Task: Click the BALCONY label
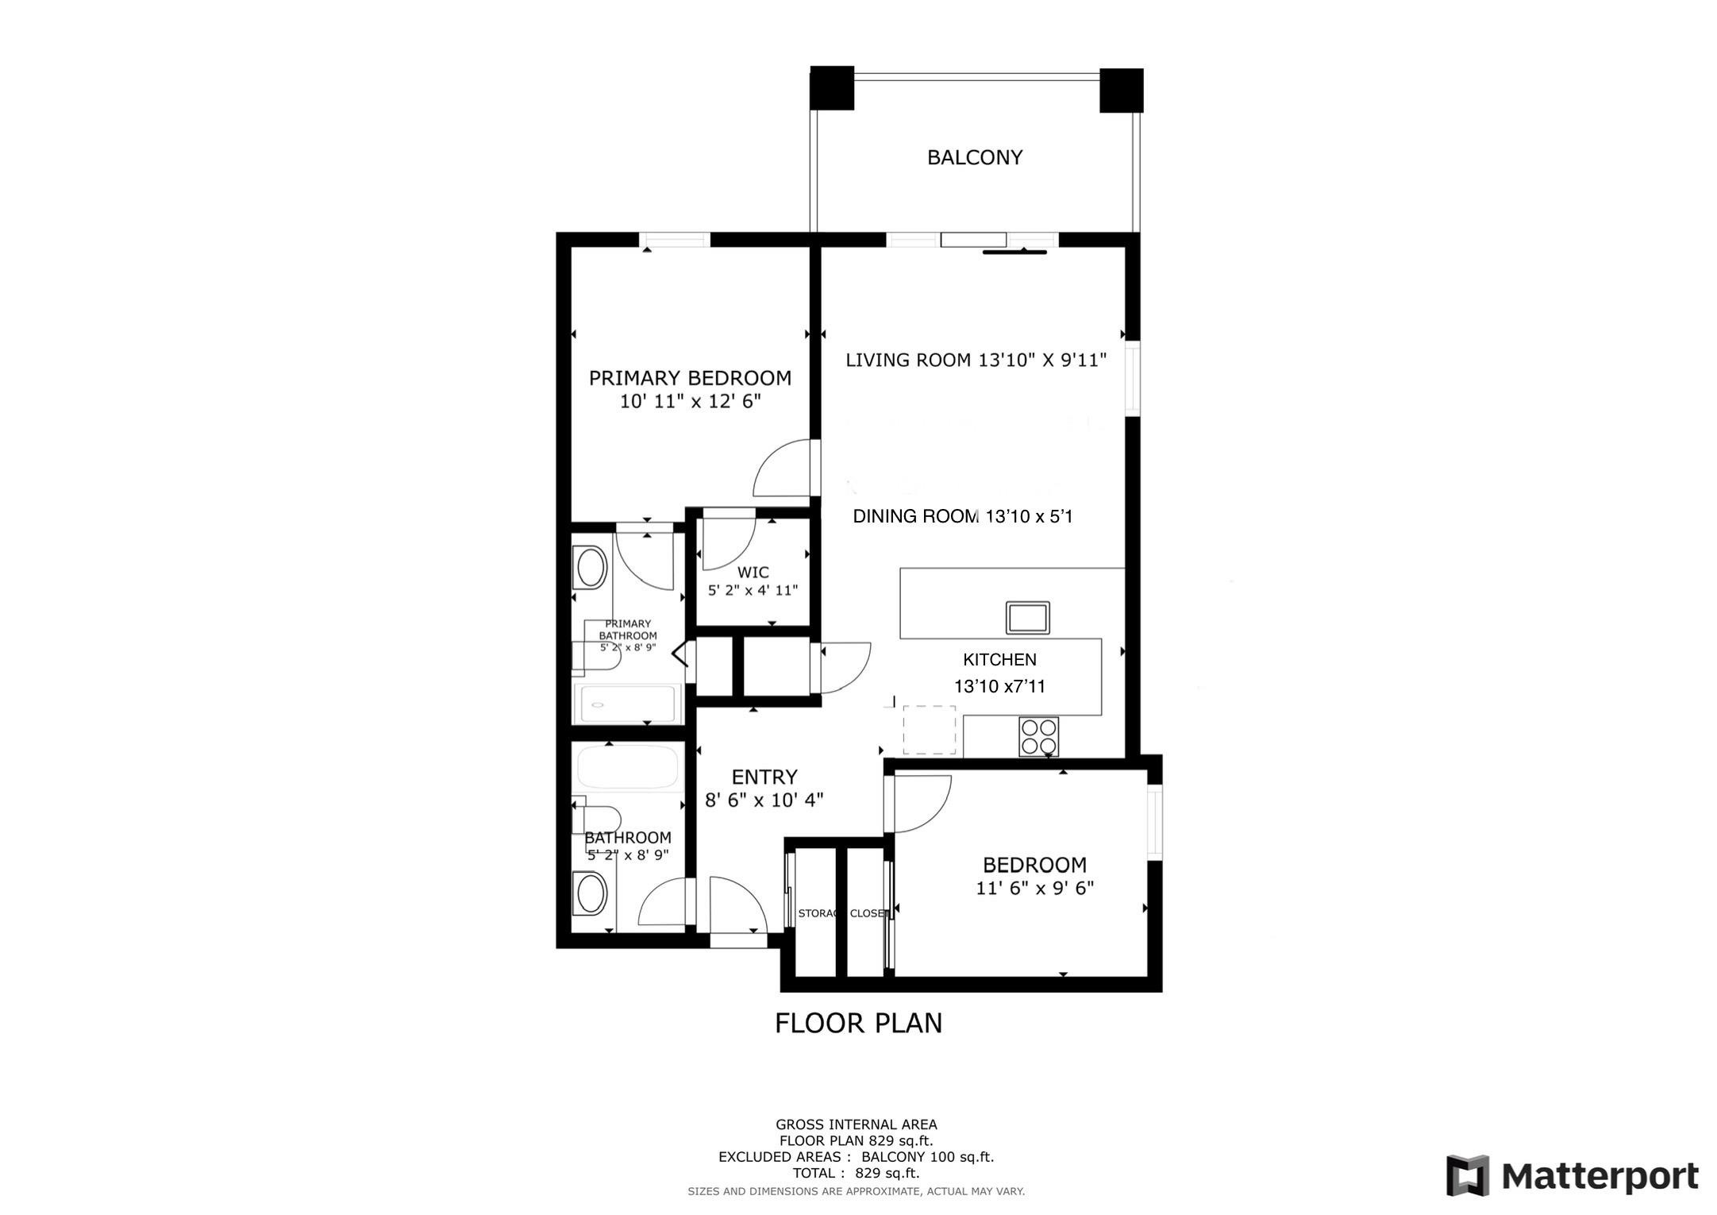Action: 974,157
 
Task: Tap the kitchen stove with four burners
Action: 1038,737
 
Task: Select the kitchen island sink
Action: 1027,617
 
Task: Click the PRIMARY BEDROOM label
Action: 690,378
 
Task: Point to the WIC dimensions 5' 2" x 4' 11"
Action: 753,591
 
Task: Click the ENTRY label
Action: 764,777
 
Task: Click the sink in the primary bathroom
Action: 591,568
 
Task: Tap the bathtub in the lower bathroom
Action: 628,767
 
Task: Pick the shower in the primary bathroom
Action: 628,703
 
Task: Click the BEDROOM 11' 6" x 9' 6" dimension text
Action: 1034,888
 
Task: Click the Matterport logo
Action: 1572,1176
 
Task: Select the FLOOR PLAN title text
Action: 858,1023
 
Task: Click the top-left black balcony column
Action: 831,88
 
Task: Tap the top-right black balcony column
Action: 1121,90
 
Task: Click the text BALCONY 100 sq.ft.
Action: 927,1157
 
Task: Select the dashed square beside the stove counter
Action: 929,730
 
